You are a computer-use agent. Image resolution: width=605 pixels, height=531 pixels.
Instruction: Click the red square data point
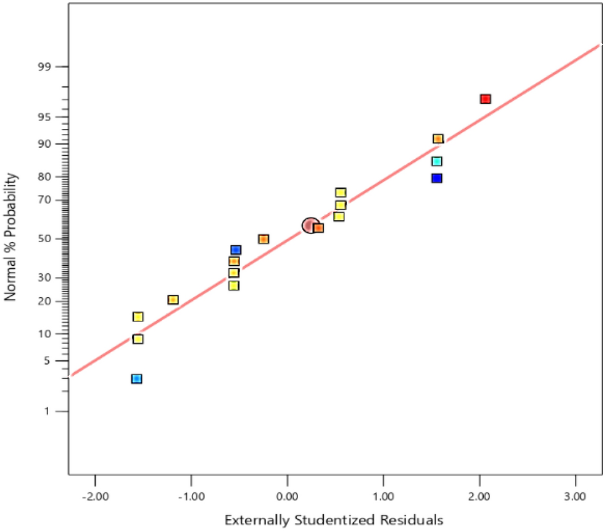pos(485,99)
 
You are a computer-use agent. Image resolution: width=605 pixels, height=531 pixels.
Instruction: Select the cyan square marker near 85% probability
pos(437,161)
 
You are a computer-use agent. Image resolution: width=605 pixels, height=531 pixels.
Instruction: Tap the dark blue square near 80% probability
pos(436,178)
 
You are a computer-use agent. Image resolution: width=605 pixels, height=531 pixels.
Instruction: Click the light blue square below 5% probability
pos(136,378)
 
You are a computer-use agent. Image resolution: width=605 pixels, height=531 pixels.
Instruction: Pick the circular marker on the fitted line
pos(309,225)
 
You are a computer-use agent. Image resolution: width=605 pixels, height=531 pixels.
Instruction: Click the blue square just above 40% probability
pos(236,250)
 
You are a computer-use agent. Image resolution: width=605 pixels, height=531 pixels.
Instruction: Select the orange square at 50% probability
pos(263,239)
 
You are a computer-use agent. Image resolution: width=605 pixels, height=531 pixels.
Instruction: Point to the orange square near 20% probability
pos(173,300)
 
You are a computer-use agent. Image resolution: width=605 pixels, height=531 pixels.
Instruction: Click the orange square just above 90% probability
pos(438,138)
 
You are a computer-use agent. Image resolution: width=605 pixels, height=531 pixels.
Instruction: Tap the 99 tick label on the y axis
pos(44,66)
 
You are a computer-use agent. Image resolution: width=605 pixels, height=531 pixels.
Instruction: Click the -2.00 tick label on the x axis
pos(94,497)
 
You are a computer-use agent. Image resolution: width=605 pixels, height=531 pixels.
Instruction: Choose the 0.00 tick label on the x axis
pos(287,497)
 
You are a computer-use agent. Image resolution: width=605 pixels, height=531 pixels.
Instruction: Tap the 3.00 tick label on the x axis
pos(575,497)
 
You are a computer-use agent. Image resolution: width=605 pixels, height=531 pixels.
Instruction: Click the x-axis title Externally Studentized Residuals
pos(334,520)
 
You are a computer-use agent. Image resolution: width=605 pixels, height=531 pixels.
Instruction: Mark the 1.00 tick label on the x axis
pos(383,497)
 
